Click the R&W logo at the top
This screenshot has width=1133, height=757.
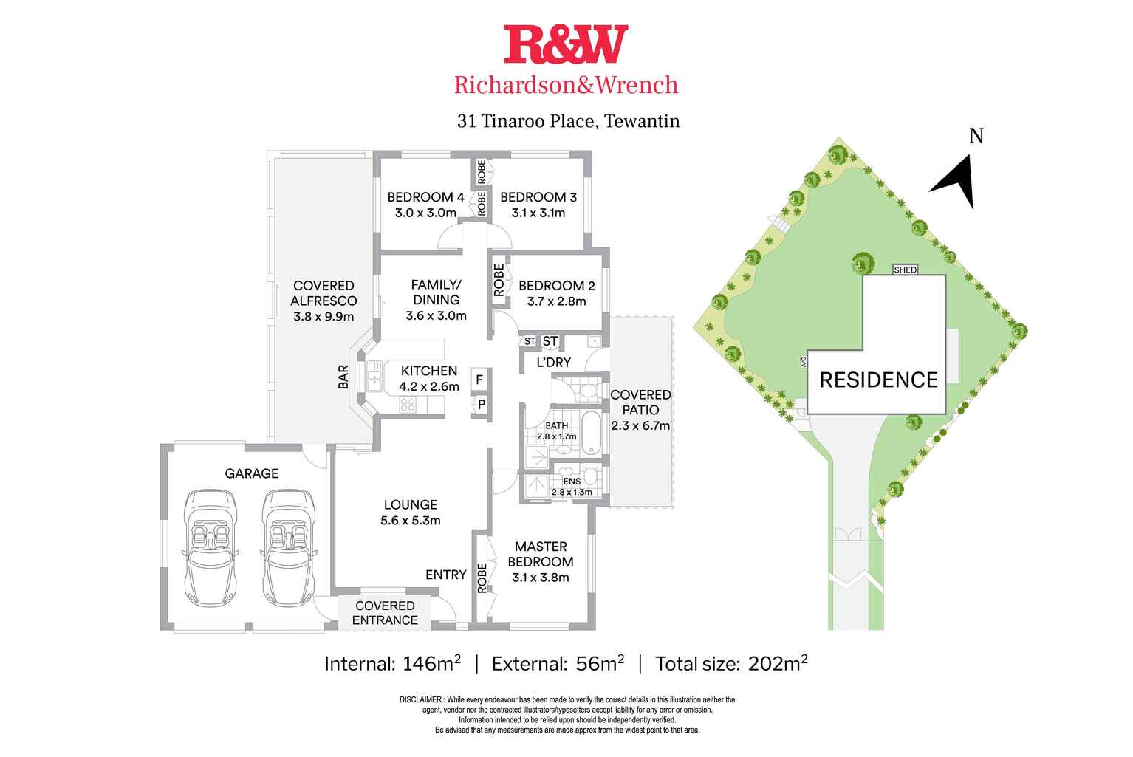(566, 44)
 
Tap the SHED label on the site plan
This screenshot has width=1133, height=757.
(905, 270)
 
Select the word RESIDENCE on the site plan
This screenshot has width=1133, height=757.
(878, 380)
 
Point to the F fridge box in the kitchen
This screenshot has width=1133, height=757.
(479, 380)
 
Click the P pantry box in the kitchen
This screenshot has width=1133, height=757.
(481, 405)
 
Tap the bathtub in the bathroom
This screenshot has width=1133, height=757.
(591, 434)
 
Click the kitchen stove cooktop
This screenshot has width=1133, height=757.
(408, 404)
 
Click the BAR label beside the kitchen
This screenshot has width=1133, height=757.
(343, 377)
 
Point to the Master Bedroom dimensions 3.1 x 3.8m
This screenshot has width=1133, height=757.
(541, 578)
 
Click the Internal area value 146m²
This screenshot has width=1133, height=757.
(431, 663)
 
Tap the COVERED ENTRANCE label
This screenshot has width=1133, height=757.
(385, 613)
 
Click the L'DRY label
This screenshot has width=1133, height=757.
(553, 362)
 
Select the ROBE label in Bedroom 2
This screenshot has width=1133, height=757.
(499, 281)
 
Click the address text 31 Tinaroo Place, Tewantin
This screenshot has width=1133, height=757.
(568, 121)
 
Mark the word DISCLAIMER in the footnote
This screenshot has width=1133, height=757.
(420, 699)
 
